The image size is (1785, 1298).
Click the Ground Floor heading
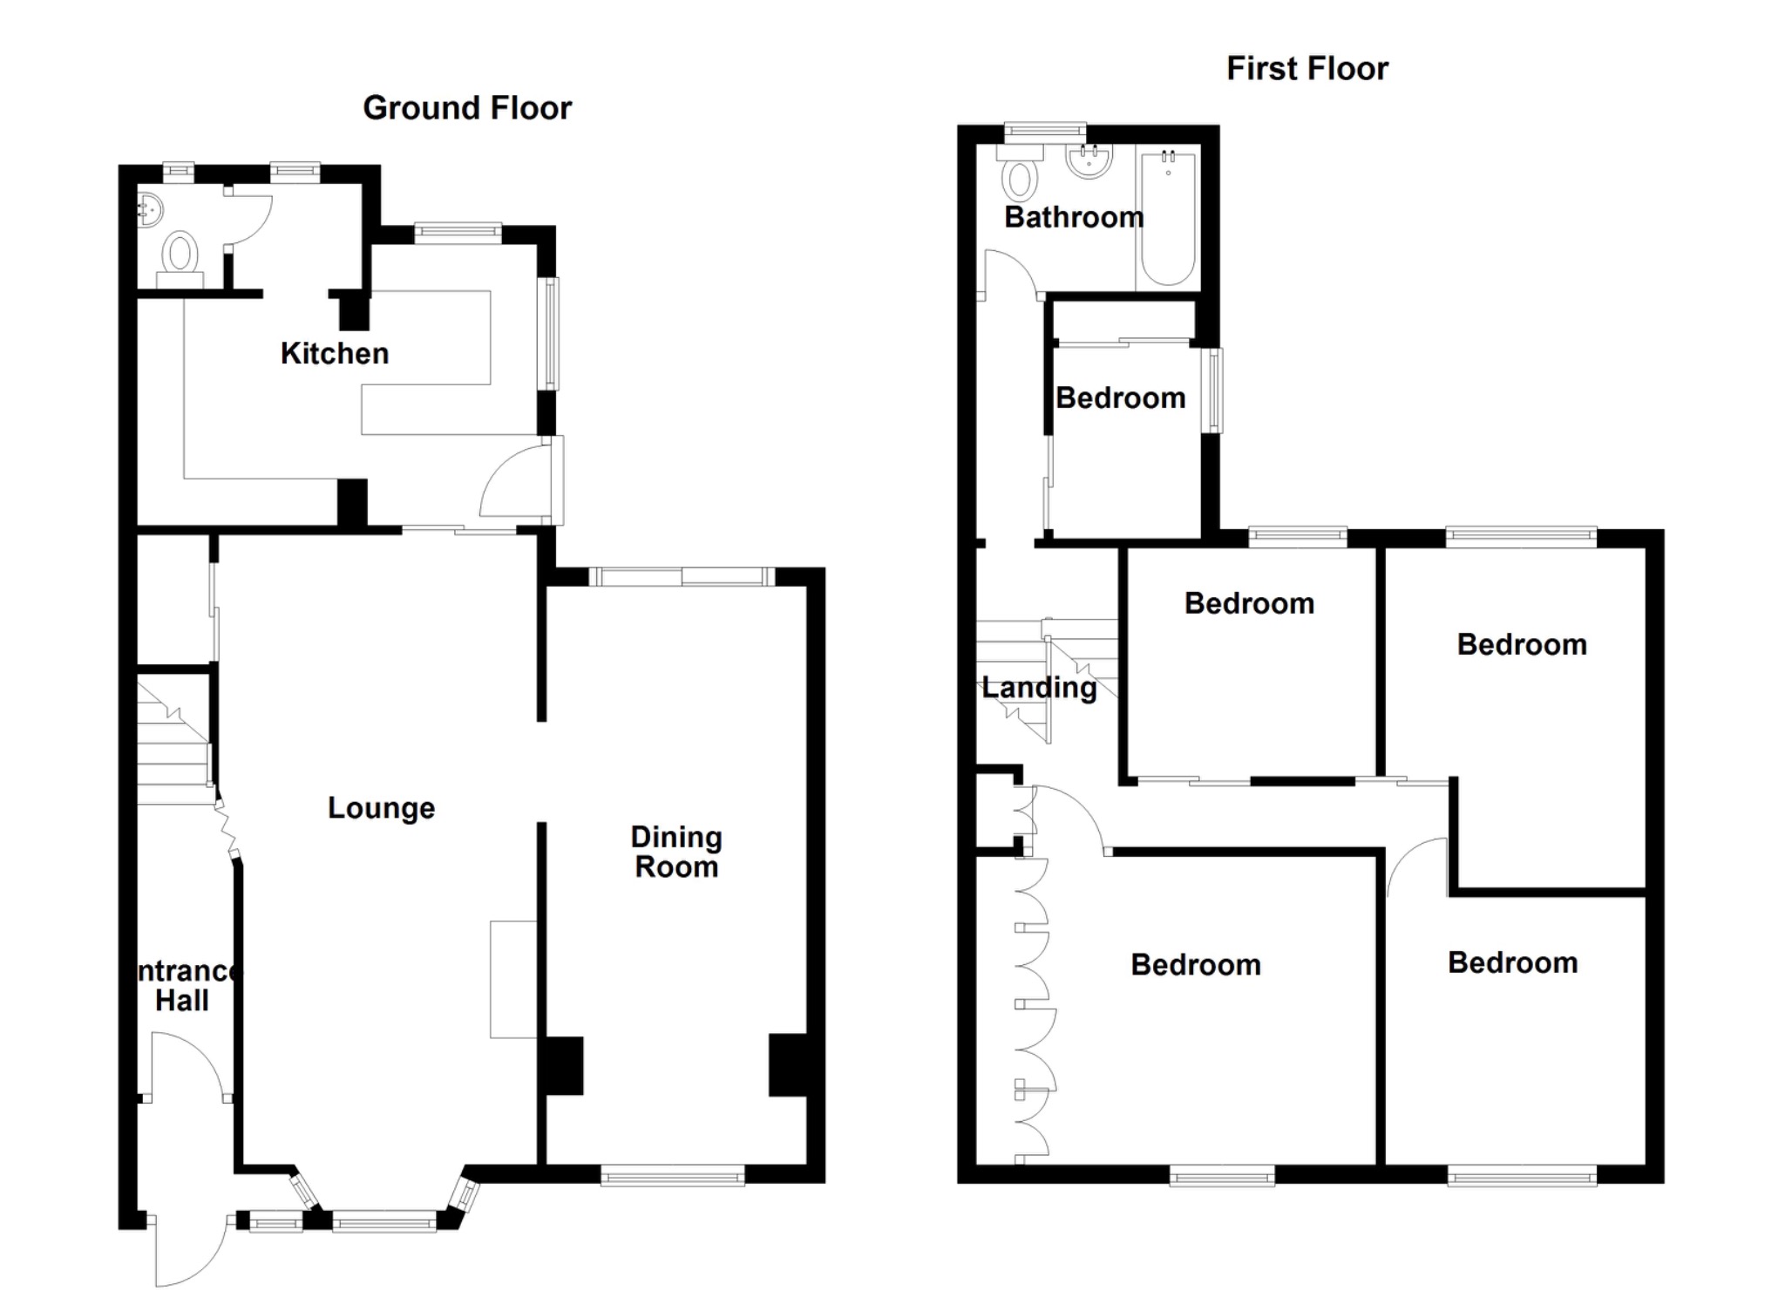(467, 108)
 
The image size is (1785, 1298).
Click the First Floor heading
(1307, 69)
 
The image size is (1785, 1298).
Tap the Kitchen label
(335, 354)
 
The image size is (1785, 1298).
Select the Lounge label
(381, 808)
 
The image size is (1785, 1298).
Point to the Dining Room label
(676, 852)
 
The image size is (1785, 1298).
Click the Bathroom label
(1073, 217)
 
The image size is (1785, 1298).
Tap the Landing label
(1039, 688)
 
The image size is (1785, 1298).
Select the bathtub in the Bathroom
(1168, 218)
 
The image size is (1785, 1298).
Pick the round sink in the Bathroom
(1089, 161)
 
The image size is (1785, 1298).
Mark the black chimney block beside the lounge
(562, 1065)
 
